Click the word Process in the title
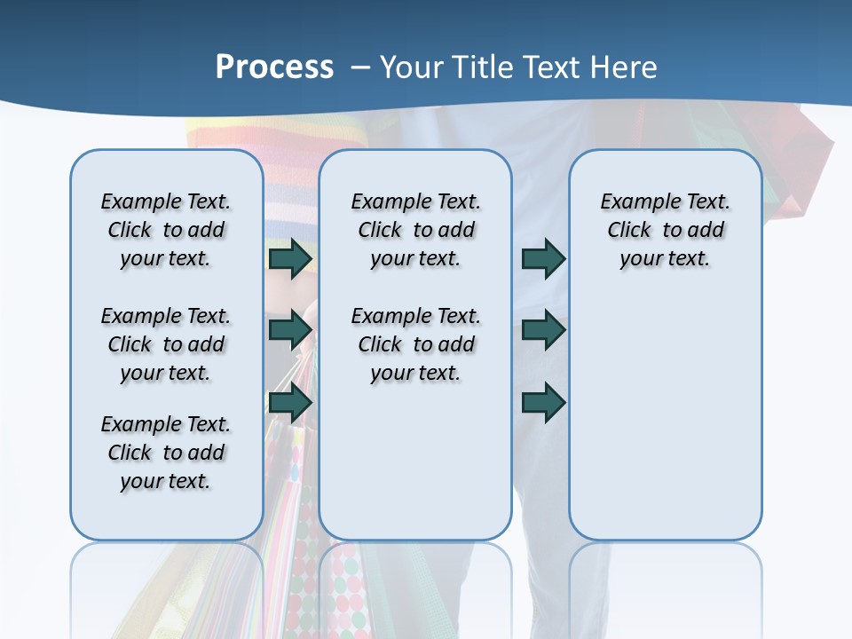274,67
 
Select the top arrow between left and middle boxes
290,259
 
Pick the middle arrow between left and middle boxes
290,330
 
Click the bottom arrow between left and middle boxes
290,403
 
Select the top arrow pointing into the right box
543,259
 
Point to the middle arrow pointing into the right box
543,330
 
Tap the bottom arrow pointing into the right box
543,403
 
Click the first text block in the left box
166,230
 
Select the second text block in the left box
166,344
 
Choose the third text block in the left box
166,453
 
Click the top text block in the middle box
415,230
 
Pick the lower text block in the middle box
415,344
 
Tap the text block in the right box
665,230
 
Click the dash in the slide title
360,67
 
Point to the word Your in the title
412,67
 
